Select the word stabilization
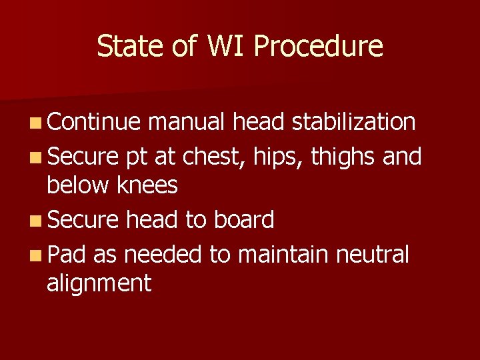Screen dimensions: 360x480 coord(355,122)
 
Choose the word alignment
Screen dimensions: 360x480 coord(99,283)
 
